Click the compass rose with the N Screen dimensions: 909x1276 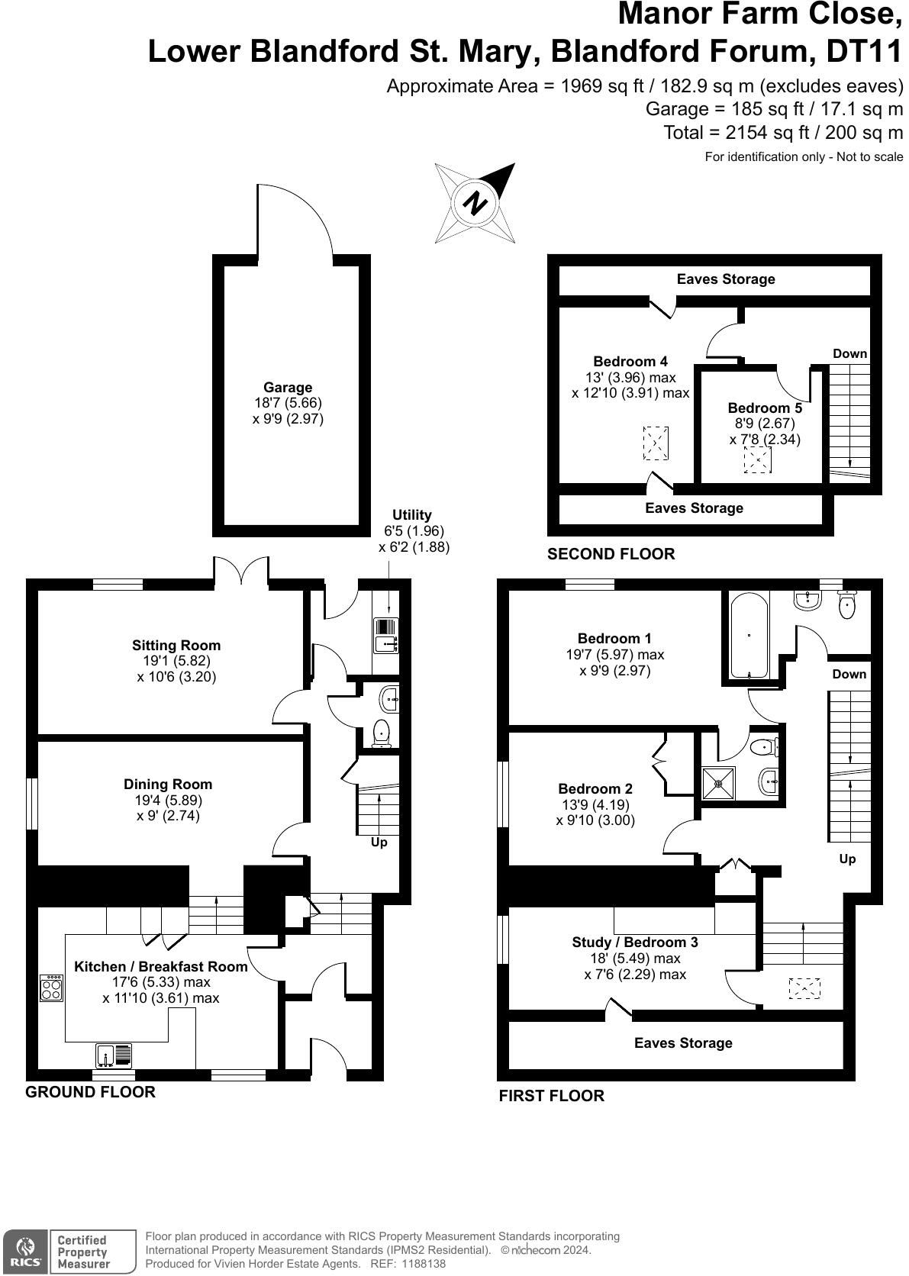475,203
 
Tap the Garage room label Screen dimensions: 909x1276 288,388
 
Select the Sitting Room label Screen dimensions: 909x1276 176,646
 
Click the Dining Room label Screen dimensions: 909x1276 168,785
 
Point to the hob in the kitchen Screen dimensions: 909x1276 51,988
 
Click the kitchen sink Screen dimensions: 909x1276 114,1055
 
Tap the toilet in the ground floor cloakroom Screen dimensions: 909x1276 380,733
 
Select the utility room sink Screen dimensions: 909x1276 386,635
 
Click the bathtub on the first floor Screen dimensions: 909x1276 749,636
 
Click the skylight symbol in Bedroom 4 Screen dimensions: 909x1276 656,443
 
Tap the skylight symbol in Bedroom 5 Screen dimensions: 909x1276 757,459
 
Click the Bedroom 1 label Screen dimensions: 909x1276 614,639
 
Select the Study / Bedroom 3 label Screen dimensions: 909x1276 635,942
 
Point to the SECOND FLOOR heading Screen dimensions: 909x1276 611,554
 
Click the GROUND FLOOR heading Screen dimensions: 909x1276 91,1092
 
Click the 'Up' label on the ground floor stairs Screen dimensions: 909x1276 379,842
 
